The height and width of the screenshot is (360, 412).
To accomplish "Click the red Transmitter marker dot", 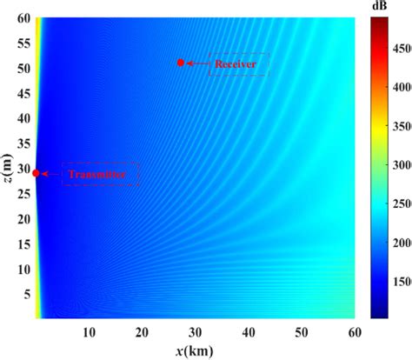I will [36, 173].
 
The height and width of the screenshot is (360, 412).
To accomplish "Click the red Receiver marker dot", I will [181, 63].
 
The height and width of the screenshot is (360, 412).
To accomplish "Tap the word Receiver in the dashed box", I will [239, 63].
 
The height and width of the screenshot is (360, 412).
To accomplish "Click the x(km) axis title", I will [194, 350].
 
